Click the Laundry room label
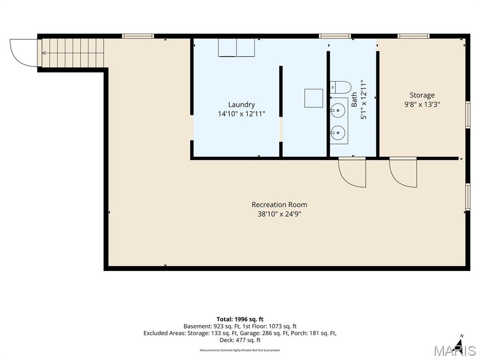[241, 105]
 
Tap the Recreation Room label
[279, 204]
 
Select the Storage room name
[422, 95]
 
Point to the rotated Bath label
[354, 99]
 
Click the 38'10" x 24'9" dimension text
[279, 214]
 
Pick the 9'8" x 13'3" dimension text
[422, 105]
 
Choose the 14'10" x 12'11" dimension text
[241, 114]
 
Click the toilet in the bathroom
[340, 88]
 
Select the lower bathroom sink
[337, 133]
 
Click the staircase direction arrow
[73, 53]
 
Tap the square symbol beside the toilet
[314, 98]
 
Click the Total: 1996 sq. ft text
[240, 320]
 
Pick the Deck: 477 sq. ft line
[240, 340]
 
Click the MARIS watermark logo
[455, 351]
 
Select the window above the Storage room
[413, 36]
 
